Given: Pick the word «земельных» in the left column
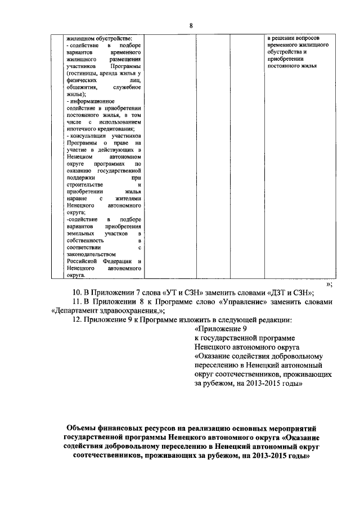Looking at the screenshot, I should coord(80,232).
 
